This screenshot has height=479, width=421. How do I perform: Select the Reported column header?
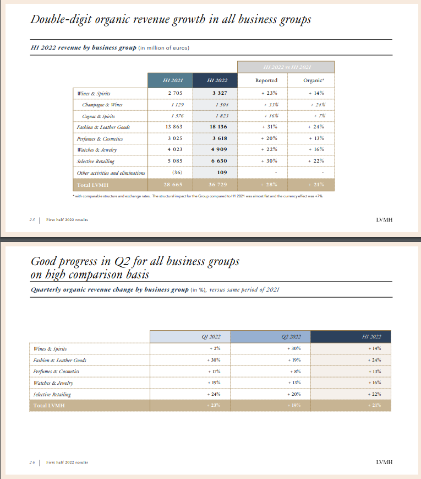click(x=266, y=80)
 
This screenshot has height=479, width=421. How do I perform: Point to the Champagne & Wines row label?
click(x=103, y=104)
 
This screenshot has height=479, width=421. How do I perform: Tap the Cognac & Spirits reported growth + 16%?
click(x=266, y=116)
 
